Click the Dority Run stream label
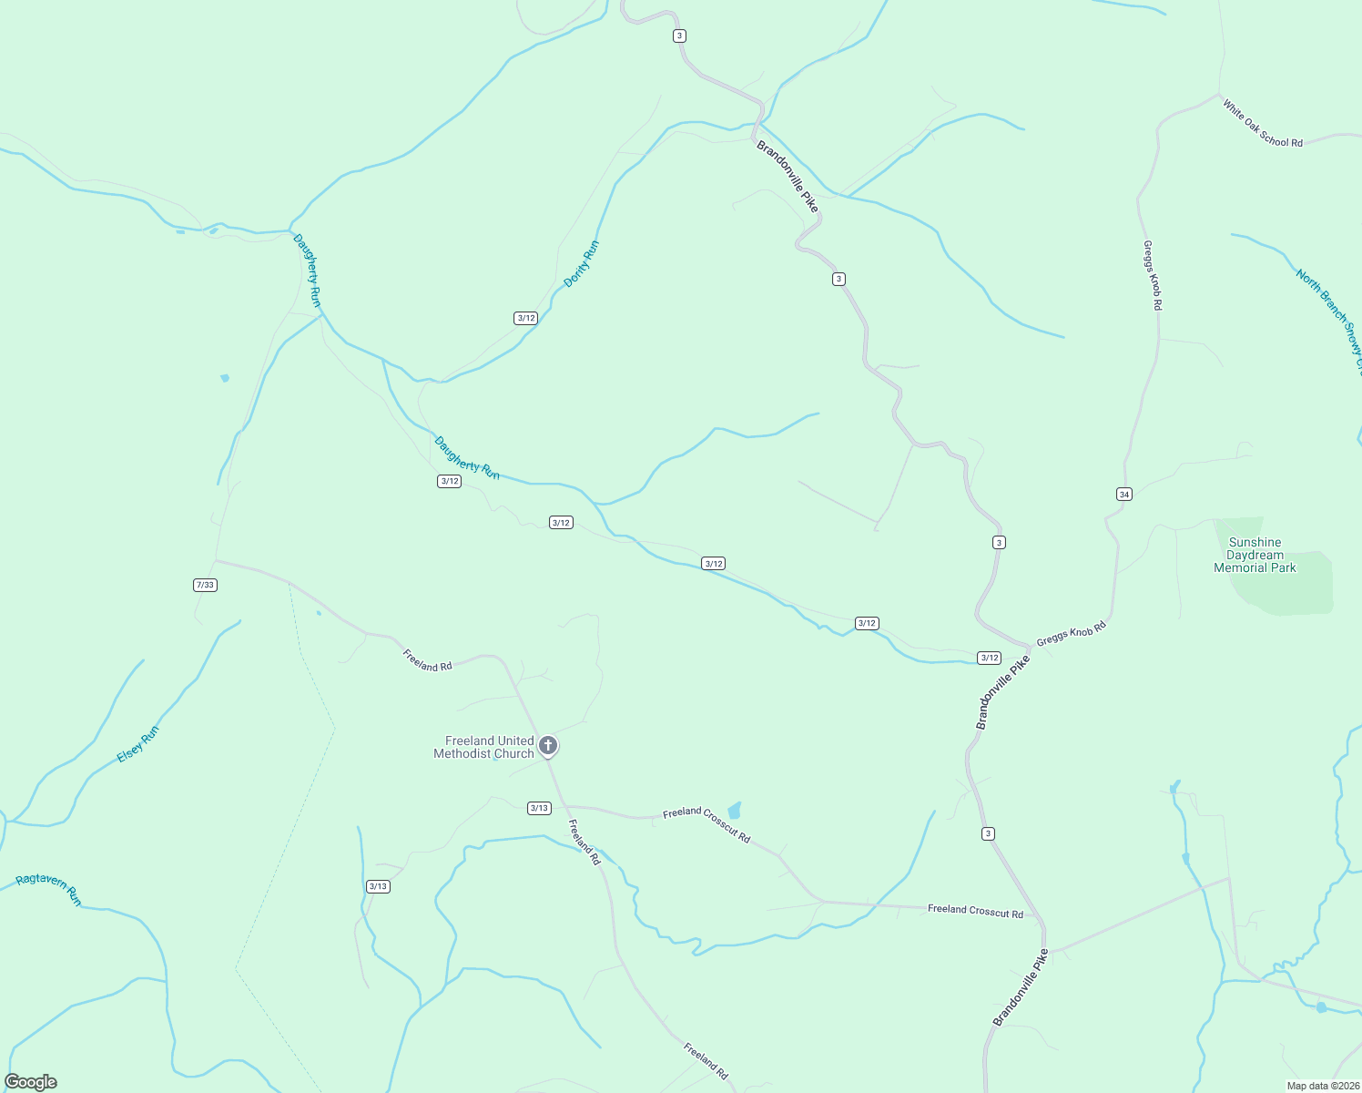(x=582, y=264)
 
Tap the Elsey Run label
(x=138, y=744)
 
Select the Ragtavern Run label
(x=49, y=889)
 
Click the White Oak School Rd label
(x=1263, y=124)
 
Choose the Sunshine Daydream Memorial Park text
(x=1255, y=555)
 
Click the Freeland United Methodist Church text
(x=483, y=747)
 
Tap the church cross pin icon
(x=548, y=746)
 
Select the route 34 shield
(x=1123, y=494)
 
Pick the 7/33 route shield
(x=205, y=585)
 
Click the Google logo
(x=31, y=1082)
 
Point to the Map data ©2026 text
(x=1322, y=1086)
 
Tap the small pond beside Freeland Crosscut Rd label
(x=735, y=810)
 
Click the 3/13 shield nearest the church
(x=539, y=808)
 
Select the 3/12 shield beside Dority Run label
(x=525, y=318)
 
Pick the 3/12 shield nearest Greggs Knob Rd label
(x=989, y=658)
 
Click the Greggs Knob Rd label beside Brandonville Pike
(x=1071, y=634)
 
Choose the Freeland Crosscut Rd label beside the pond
(x=706, y=823)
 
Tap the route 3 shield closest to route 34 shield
(x=999, y=542)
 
